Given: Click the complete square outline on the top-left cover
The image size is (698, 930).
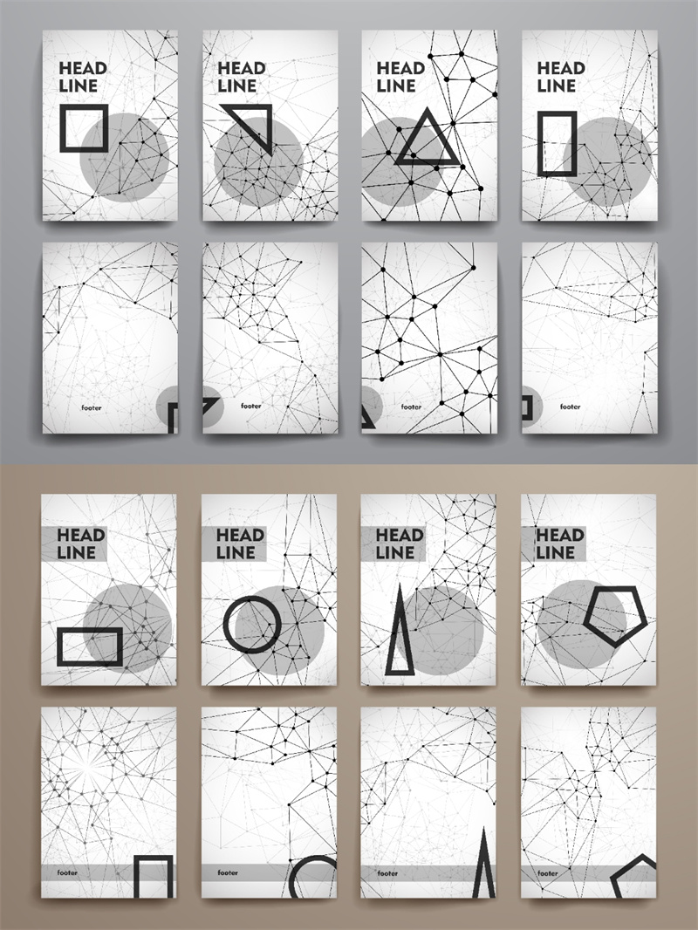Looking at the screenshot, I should coord(84,107).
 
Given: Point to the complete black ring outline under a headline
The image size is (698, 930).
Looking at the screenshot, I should coord(252,624).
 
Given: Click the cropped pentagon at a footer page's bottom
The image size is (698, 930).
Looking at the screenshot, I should coord(633,885).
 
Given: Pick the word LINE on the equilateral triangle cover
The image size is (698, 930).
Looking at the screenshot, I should coord(395,86).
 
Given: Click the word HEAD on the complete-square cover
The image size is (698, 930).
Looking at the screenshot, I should coord(82,68).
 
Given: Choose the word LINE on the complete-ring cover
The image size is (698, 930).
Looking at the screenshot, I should coord(236,553).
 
